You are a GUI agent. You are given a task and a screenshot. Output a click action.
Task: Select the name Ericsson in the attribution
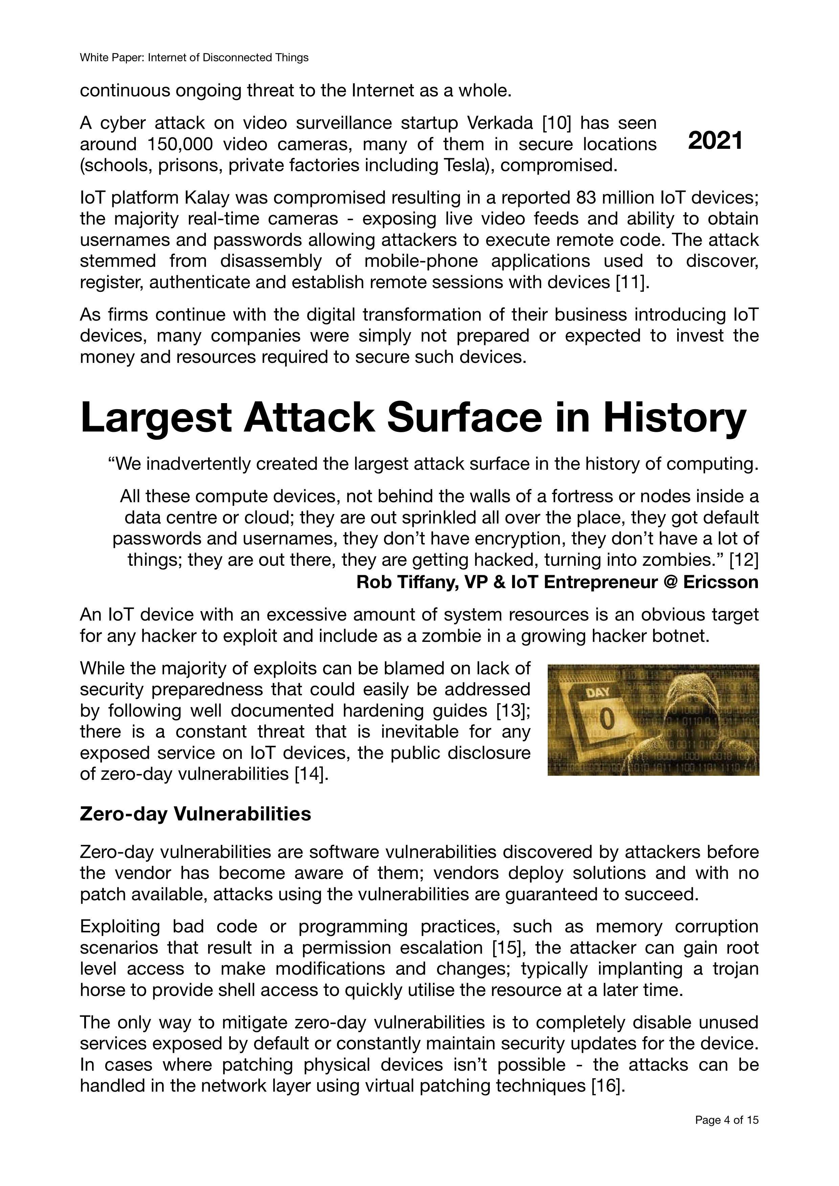[x=721, y=582]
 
